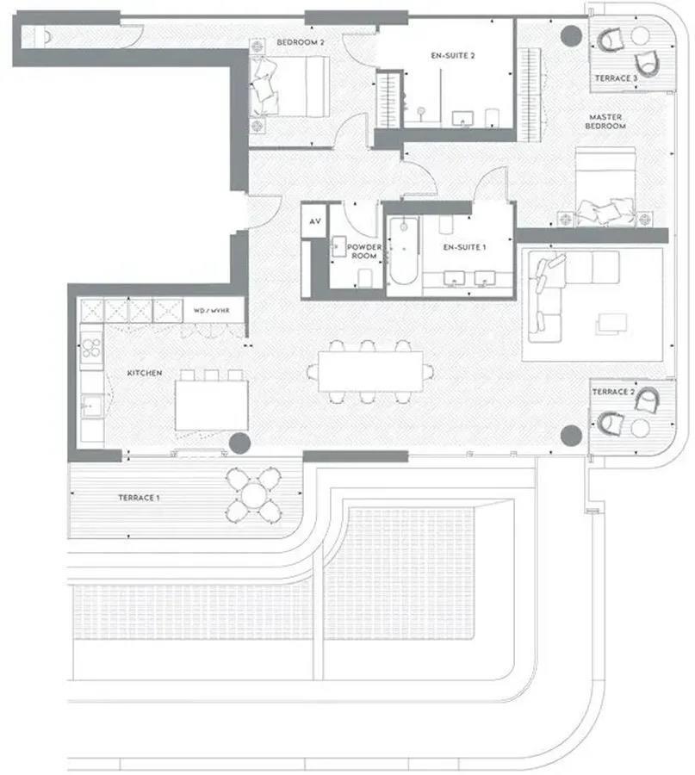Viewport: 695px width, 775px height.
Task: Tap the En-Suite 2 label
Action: click(x=453, y=54)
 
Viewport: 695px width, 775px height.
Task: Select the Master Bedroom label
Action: click(x=606, y=121)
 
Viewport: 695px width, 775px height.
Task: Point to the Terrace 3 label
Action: click(x=616, y=78)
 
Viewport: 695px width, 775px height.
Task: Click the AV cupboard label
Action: click(x=315, y=221)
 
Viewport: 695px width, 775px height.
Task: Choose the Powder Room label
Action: click(x=363, y=251)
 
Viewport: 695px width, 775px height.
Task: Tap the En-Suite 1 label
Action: click(x=465, y=247)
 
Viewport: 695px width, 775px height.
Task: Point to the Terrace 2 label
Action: click(x=613, y=392)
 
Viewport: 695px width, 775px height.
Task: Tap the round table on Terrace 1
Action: click(x=255, y=495)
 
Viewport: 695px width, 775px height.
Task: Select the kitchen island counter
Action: click(x=212, y=405)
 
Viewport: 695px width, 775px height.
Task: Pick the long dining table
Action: click(x=369, y=371)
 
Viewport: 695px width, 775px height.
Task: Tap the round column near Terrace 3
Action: click(x=570, y=35)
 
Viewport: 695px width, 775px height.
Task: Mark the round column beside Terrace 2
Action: click(x=570, y=436)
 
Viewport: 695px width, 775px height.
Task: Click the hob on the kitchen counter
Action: click(x=90, y=349)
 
